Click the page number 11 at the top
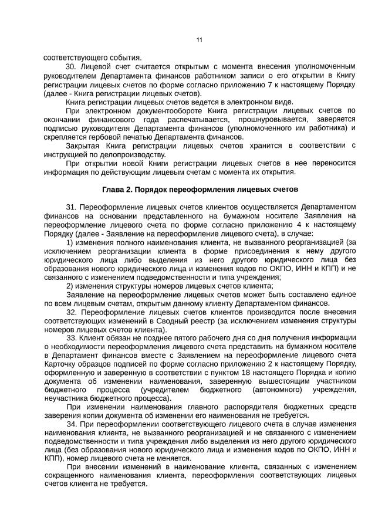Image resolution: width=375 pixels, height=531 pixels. (x=199, y=40)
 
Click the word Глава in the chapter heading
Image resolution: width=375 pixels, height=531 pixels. (x=113, y=190)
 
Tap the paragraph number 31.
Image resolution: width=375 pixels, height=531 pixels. (x=72, y=208)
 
